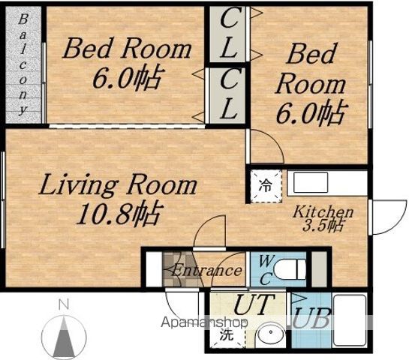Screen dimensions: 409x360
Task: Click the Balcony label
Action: [23, 64]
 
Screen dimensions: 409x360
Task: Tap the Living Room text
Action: [118, 185]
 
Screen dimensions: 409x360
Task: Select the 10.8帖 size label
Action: [118, 214]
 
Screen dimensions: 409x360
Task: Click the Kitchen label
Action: [323, 212]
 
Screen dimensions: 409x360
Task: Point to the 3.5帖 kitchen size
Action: [322, 225]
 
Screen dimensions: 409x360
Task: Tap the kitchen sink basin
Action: [311, 182]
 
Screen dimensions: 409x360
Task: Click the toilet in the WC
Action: [292, 268]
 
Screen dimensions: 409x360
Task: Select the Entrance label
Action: [206, 271]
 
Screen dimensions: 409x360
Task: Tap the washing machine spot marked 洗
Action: [227, 334]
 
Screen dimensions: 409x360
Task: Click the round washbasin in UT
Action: [271, 333]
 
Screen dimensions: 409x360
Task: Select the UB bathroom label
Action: [311, 318]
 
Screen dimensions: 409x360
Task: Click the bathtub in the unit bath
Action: [350, 320]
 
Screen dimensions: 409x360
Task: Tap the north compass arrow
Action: [64, 337]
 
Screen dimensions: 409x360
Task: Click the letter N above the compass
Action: [64, 304]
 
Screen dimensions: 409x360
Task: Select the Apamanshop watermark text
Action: [204, 322]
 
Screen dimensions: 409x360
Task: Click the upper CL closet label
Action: [228, 33]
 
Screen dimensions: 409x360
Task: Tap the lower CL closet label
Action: [228, 94]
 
